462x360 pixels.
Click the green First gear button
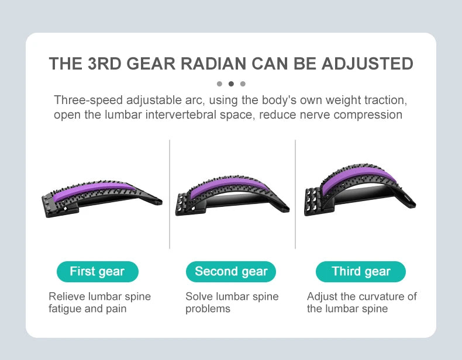97,272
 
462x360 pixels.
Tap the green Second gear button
231,272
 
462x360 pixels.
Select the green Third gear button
361,272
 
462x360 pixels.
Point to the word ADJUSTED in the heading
363,64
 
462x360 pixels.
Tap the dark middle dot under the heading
231,84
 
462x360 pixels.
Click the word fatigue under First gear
66,308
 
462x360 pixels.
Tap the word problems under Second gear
208,308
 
